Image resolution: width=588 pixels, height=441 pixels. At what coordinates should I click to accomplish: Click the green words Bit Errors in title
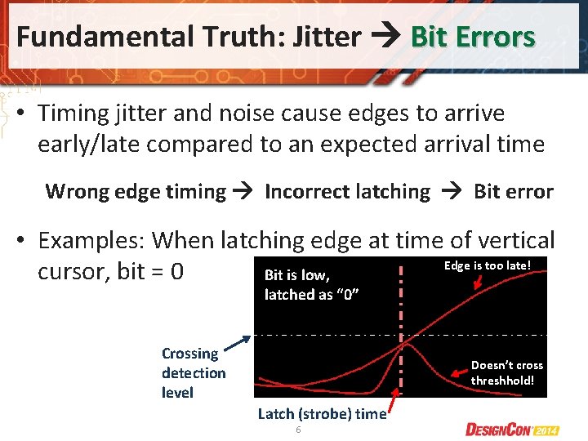pyautogui.click(x=473, y=37)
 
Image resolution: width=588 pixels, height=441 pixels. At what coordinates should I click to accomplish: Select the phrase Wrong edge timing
pyautogui.click(x=136, y=192)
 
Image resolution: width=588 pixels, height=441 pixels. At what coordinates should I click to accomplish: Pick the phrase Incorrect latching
pyautogui.click(x=347, y=192)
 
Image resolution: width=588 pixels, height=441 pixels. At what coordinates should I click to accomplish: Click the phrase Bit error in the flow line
pyautogui.click(x=513, y=192)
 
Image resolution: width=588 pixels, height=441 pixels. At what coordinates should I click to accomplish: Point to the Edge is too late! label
pyautogui.click(x=488, y=265)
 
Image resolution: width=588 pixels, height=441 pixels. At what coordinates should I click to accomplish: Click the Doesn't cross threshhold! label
pyautogui.click(x=506, y=373)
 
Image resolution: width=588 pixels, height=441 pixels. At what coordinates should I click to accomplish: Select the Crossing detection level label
pyautogui.click(x=193, y=373)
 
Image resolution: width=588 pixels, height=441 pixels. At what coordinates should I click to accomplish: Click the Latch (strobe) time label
pyautogui.click(x=322, y=414)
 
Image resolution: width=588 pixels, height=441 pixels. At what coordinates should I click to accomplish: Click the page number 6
pyautogui.click(x=299, y=430)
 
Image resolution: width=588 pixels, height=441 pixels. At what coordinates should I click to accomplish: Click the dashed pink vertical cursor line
pyautogui.click(x=401, y=310)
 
